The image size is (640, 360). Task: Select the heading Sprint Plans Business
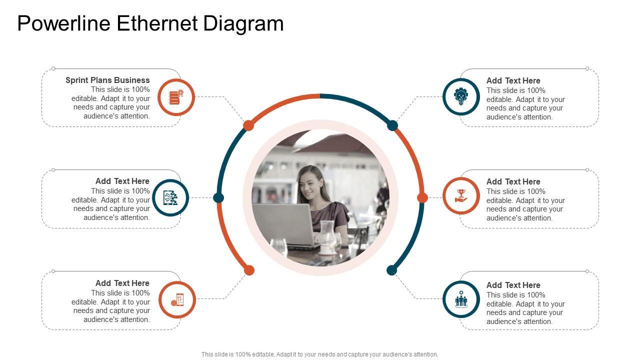coord(107,80)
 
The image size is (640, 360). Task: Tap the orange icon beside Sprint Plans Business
coord(176,97)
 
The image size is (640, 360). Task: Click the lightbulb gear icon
coord(461,96)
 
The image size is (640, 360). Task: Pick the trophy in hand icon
coord(461,195)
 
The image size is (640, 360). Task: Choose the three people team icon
coord(461,299)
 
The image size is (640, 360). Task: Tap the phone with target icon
coord(177,299)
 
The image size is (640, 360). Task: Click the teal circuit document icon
coord(170,197)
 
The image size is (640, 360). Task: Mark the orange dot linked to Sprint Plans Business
coord(248,125)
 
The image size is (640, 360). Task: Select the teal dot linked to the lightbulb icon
coord(392,125)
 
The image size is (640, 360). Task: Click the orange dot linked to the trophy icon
coord(422,198)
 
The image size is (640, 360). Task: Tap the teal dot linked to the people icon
coord(391,270)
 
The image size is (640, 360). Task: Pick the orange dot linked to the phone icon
coord(249,270)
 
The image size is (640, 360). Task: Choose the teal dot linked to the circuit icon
coord(218,198)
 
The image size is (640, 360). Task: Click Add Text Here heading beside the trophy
coord(513,181)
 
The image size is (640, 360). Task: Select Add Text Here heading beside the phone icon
coord(122,283)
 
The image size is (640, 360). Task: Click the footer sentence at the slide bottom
coord(320,354)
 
